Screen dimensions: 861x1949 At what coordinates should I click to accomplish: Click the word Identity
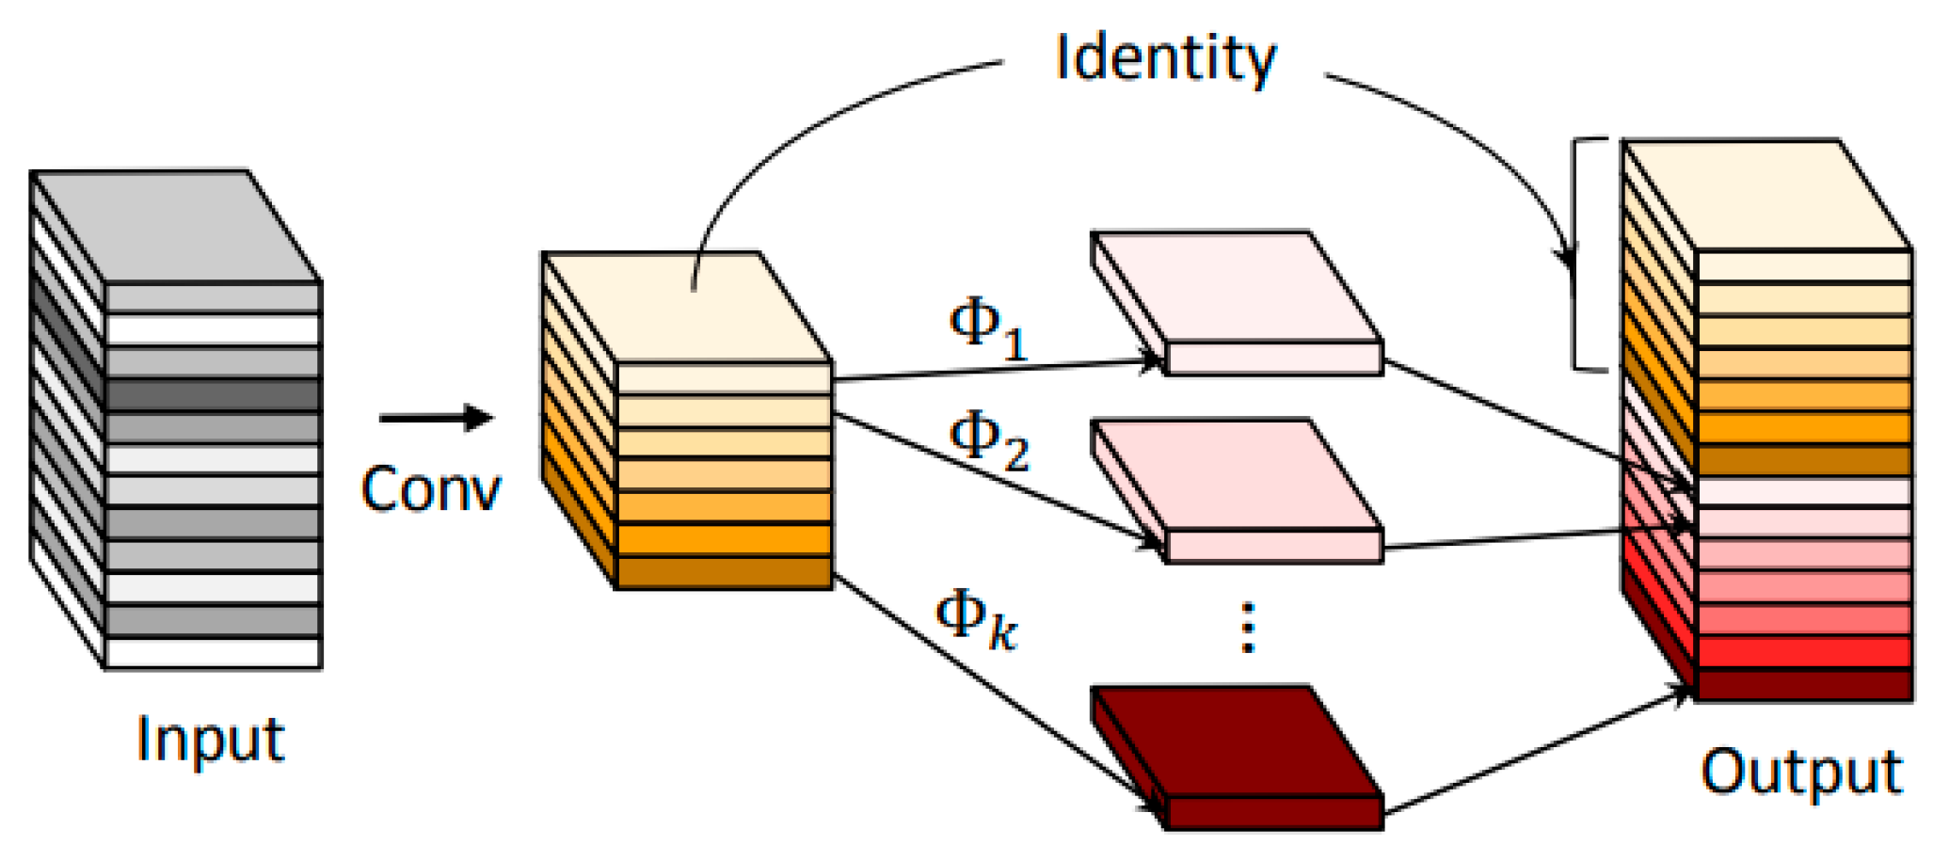click(x=1165, y=58)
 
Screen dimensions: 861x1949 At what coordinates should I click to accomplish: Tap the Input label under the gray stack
click(x=210, y=740)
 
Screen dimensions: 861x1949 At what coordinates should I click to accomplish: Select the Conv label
click(x=431, y=489)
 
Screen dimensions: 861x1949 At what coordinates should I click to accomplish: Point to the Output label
click(x=1801, y=772)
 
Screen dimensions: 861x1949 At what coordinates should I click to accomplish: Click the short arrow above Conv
click(x=436, y=417)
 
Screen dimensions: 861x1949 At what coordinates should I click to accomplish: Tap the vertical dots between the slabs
click(x=1248, y=628)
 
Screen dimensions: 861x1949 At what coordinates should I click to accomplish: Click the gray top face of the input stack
click(x=177, y=226)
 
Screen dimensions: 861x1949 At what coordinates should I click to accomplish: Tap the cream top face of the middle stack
click(x=687, y=307)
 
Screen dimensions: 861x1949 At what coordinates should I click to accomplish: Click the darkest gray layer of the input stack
click(x=213, y=395)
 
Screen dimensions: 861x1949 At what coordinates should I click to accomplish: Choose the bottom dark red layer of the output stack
click(x=1803, y=684)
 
